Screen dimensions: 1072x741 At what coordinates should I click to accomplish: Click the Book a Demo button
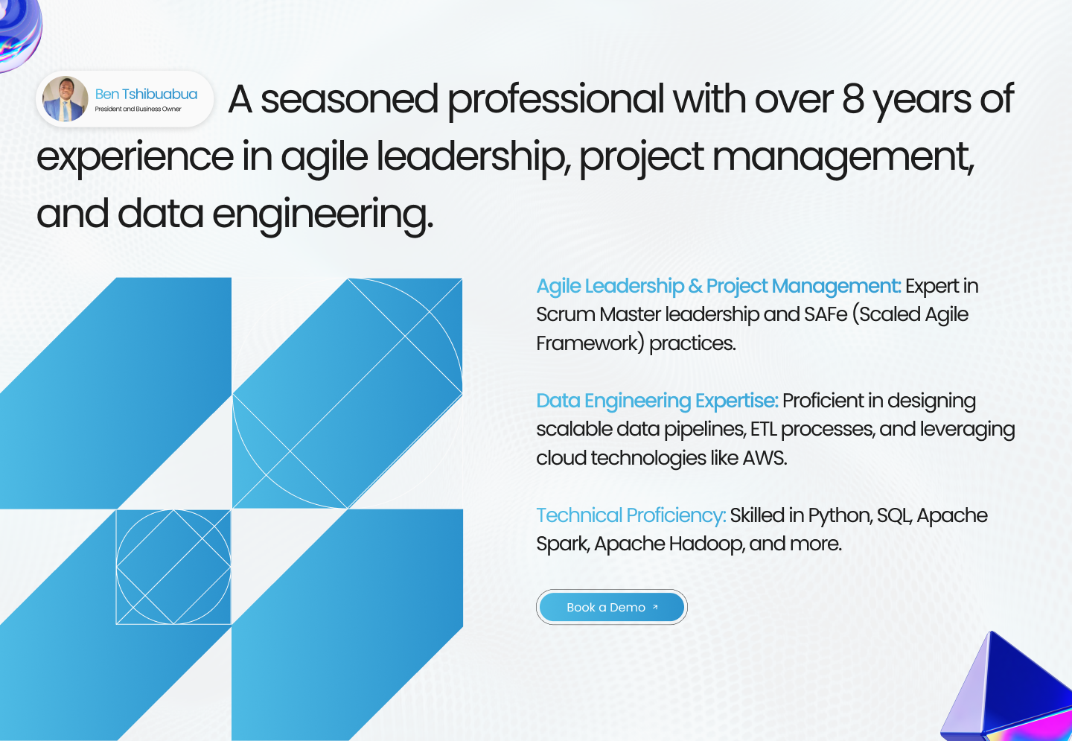(612, 607)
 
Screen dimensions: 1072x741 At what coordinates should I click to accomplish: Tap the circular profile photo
(65, 98)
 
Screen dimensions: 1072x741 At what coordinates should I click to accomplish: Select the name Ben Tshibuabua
(146, 95)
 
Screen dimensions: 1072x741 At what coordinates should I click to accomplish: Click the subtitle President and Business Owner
(138, 109)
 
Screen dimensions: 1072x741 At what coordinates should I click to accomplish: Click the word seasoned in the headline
(349, 100)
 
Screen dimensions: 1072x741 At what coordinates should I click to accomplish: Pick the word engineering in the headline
(322, 215)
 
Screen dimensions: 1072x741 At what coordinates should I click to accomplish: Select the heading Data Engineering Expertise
(657, 401)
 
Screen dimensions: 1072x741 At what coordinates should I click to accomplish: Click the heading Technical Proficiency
(631, 515)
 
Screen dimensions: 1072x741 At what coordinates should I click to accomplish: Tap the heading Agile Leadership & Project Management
(718, 286)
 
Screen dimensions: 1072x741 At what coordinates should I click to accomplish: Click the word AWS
(765, 458)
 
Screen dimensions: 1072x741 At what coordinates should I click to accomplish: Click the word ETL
(763, 430)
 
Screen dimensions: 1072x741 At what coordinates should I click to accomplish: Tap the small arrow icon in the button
(655, 607)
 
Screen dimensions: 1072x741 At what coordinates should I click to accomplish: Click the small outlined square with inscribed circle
(173, 567)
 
